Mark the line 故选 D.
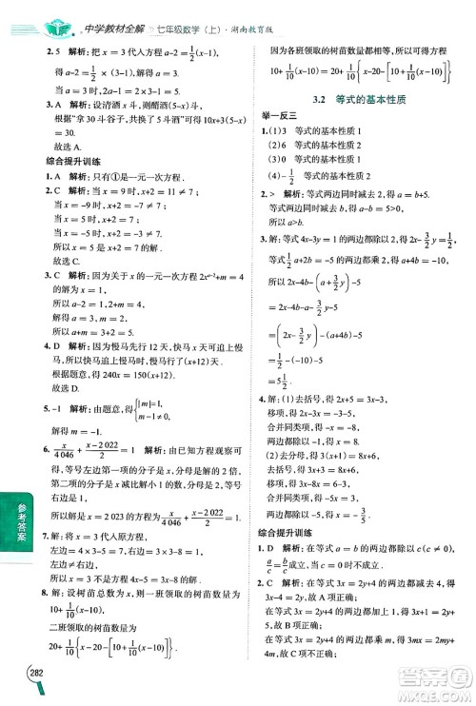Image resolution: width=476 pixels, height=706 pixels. (69, 387)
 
